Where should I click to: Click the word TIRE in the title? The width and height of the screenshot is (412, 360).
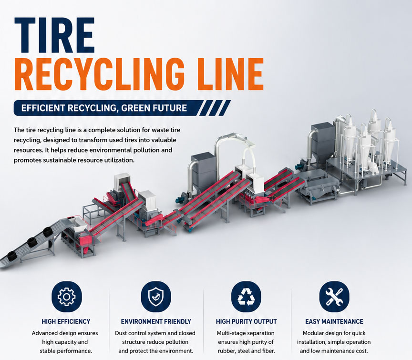(54, 35)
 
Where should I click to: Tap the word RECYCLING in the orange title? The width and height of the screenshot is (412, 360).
(100, 75)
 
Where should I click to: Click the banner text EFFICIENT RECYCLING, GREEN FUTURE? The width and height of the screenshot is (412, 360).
(104, 108)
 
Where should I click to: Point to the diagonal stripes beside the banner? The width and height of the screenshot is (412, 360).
(215, 108)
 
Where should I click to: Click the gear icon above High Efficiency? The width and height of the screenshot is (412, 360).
(66, 297)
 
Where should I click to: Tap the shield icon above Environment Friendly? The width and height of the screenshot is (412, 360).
(156, 297)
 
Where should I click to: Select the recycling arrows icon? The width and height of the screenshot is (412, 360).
(246, 297)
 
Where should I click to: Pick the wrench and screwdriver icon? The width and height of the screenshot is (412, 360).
(334, 297)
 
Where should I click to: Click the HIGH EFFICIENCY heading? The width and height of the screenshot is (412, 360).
(66, 321)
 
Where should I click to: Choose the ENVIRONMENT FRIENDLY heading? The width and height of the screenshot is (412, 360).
(156, 321)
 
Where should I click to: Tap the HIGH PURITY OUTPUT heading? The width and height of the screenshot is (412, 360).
(246, 321)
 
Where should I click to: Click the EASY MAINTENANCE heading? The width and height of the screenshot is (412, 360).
(334, 321)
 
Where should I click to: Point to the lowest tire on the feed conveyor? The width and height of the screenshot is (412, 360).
(12, 256)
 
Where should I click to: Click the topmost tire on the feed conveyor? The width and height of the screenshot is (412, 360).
(48, 233)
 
